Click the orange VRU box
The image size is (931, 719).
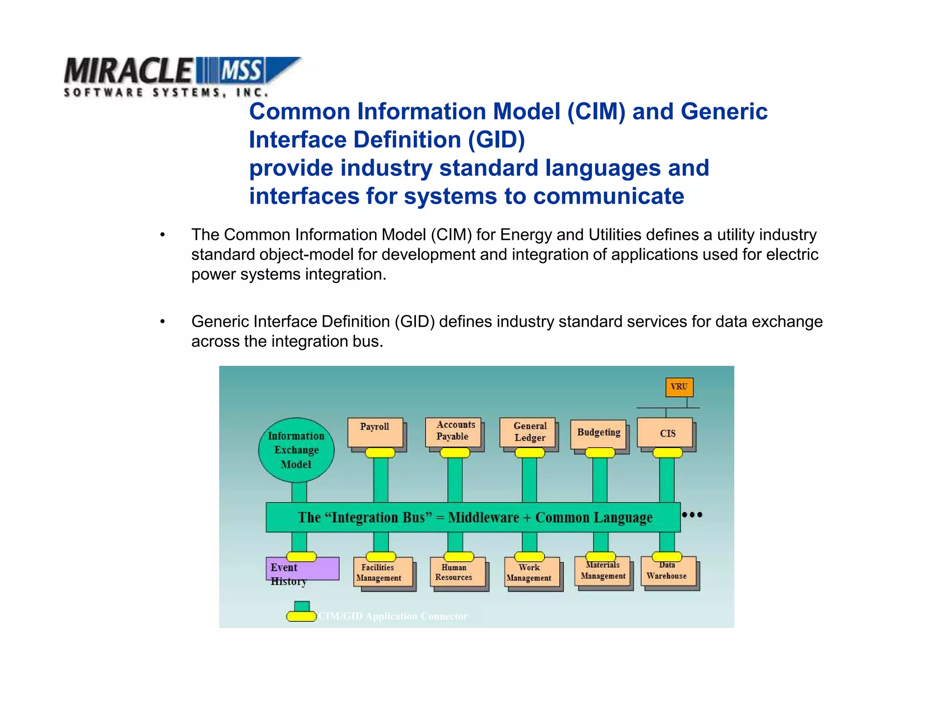tap(679, 387)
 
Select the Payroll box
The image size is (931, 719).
tap(375, 432)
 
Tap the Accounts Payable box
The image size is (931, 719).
tap(453, 431)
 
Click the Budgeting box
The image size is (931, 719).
tap(598, 433)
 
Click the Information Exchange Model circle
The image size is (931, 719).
tap(296, 450)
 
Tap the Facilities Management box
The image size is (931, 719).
tap(383, 574)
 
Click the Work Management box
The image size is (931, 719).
tap(532, 574)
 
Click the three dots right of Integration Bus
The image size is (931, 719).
tap(692, 514)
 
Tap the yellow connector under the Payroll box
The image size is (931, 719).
tap(380, 453)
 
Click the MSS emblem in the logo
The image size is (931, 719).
tap(241, 70)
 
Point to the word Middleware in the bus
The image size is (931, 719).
tap(483, 517)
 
